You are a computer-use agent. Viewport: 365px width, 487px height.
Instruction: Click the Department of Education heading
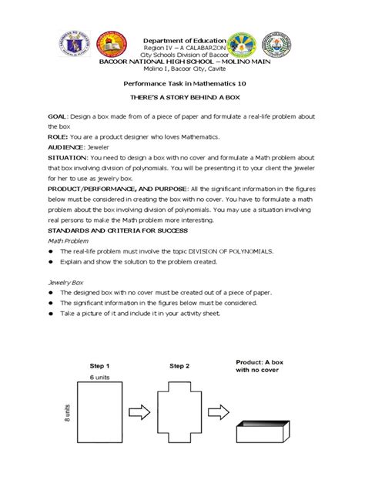pos(182,39)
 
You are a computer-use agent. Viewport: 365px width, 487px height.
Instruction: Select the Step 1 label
pos(101,365)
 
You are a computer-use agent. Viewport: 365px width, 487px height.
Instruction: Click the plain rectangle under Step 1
pos(102,421)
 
